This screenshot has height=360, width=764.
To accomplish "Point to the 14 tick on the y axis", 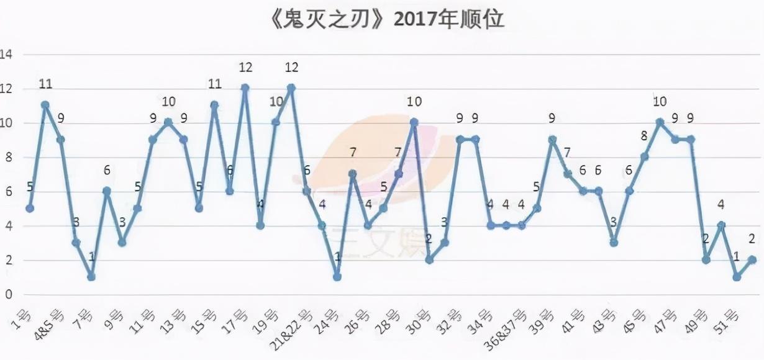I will [x=7, y=55].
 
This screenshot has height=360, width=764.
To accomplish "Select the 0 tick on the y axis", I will [x=9, y=294].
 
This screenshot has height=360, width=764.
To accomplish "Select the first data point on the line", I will [x=30, y=209].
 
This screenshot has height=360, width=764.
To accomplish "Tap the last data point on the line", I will [x=752, y=260].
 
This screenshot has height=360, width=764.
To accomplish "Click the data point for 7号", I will [x=91, y=277].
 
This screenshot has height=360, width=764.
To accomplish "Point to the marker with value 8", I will [x=644, y=157].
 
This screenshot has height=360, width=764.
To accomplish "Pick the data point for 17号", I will [x=245, y=88].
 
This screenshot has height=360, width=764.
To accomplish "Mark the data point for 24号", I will [x=337, y=277].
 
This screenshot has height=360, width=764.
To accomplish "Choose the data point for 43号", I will [x=614, y=243].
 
